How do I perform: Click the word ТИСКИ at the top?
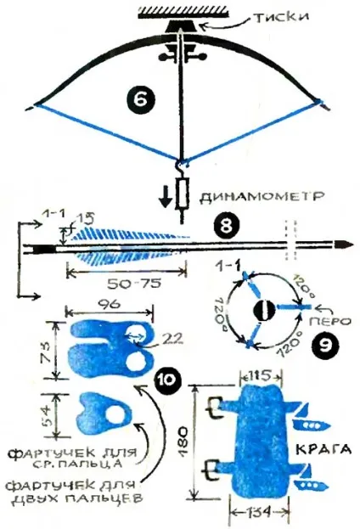pyautogui.click(x=280, y=17)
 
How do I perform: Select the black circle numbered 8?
pyautogui.click(x=226, y=226)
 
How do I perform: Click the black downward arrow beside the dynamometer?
pyautogui.click(x=165, y=201)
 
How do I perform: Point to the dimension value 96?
pyautogui.click(x=110, y=305)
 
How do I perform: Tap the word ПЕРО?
pyautogui.click(x=329, y=321)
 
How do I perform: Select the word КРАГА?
pyautogui.click(x=323, y=449)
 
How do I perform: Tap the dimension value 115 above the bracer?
pyautogui.click(x=260, y=375)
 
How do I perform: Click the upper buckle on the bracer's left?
pyautogui.click(x=213, y=408)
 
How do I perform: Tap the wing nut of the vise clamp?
pyautogui.click(x=181, y=57)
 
